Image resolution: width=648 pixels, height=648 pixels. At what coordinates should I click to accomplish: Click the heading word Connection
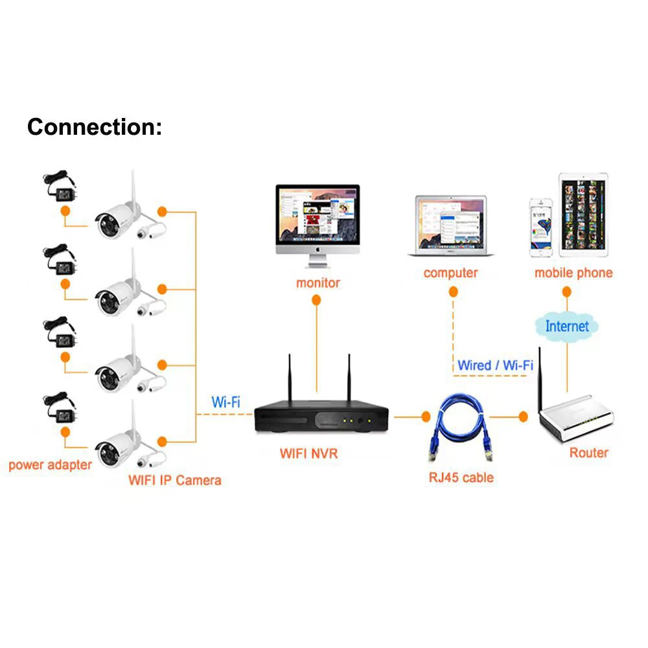[94, 127]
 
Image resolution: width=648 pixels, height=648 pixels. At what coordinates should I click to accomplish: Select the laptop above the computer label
[451, 226]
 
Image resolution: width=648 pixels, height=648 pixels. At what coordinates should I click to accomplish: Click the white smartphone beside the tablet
[541, 227]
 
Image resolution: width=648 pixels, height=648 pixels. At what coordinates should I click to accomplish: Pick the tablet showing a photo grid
[583, 215]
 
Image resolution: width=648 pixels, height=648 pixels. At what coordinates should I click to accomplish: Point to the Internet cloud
[566, 327]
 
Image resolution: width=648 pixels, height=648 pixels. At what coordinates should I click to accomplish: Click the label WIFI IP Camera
[175, 480]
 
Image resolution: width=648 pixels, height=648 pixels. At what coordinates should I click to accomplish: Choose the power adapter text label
[50, 465]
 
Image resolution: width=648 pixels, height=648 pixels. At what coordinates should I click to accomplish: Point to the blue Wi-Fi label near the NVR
[226, 402]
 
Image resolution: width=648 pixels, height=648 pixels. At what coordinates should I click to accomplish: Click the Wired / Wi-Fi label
[495, 365]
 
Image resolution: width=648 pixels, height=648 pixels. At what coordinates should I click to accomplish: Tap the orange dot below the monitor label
[316, 300]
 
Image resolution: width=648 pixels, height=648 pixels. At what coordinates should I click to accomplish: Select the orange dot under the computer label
[453, 292]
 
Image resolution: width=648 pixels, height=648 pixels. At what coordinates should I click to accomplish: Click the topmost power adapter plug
[60, 186]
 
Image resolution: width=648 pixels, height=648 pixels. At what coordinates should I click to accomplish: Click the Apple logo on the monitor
[318, 249]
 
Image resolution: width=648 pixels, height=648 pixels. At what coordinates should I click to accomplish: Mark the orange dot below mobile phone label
[566, 292]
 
